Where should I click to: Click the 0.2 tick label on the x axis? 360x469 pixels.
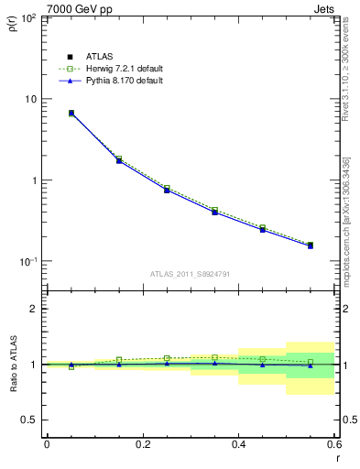(142, 446)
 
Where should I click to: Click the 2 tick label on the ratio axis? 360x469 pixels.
(36, 309)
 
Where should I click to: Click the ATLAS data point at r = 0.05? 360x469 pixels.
(71, 114)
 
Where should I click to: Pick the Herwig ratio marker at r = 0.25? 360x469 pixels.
(167, 358)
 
